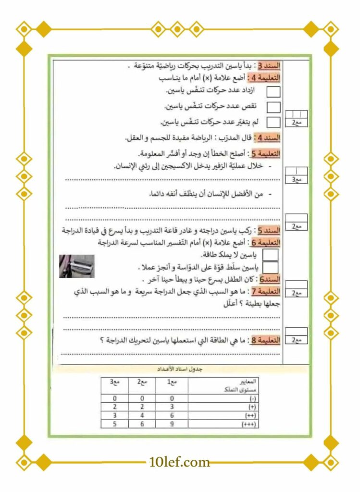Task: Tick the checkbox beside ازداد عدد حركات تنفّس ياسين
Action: [x=273, y=92]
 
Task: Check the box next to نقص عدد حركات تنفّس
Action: [x=273, y=107]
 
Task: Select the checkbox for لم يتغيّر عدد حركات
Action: [x=273, y=123]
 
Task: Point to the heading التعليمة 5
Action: [x=265, y=154]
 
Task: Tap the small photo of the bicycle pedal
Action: [x=77, y=266]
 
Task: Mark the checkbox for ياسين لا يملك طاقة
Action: [x=271, y=254]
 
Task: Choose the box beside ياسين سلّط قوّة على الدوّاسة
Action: [x=271, y=267]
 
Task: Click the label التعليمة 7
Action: [x=265, y=292]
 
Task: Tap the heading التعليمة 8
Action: [x=265, y=340]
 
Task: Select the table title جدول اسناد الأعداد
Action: [x=180, y=369]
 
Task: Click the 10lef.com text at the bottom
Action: [x=180, y=462]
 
